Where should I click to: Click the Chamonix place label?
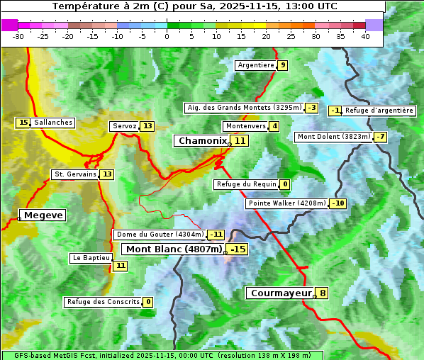[202, 141]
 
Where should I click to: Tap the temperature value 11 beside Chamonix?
[241, 141]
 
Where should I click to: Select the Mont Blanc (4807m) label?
[174, 249]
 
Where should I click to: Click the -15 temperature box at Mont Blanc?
[238, 249]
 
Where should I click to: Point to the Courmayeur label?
[281, 293]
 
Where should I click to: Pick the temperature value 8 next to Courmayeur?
[323, 293]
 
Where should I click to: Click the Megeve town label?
[43, 215]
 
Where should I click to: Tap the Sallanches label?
[53, 123]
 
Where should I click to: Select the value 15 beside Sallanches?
[23, 123]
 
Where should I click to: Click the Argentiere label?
[256, 65]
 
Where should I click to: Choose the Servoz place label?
[124, 126]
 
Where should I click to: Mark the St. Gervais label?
[74, 174]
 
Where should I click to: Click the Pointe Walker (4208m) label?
[286, 204]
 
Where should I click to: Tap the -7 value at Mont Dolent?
[381, 137]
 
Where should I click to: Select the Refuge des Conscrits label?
[102, 302]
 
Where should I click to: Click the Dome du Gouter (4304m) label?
[160, 235]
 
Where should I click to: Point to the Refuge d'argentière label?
[379, 111]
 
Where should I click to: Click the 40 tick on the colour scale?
[366, 36]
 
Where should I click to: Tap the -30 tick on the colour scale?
[18, 36]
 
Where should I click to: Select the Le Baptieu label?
[90, 258]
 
